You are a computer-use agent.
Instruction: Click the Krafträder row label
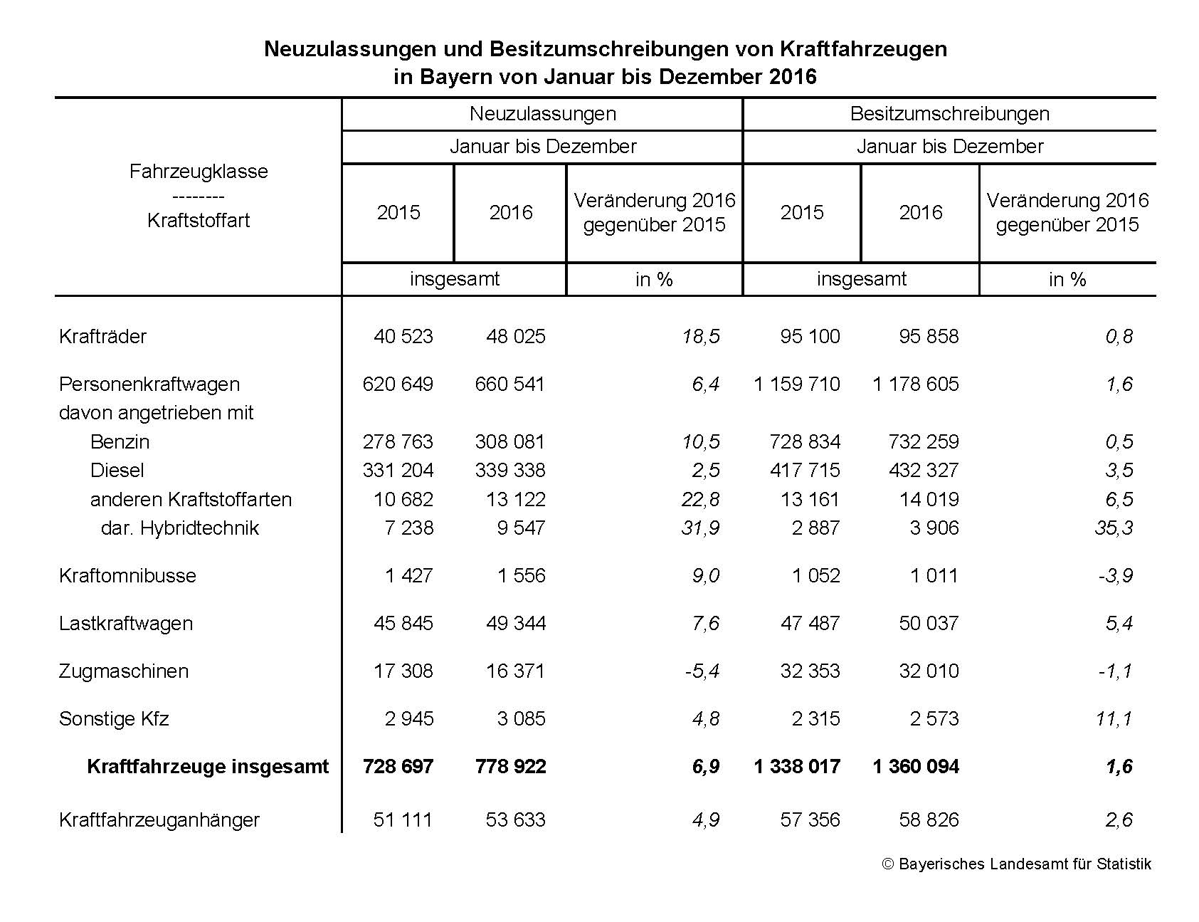102,336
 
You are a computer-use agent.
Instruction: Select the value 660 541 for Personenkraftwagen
509,384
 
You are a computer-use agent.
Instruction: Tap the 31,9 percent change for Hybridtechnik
700,528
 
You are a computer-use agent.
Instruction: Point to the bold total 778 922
510,767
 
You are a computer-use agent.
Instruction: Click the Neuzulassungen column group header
542,114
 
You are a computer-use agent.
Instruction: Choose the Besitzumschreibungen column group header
949,114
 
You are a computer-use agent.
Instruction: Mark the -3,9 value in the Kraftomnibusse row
1115,576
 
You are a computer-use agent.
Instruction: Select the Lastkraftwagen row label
125,624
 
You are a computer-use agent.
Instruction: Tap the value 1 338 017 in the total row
797,767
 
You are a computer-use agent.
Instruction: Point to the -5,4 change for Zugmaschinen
702,671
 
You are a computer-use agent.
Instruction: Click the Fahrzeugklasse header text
199,172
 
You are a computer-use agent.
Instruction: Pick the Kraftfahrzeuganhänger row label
159,820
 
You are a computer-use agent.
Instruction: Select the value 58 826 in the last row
929,820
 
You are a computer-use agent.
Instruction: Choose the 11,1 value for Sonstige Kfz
1114,719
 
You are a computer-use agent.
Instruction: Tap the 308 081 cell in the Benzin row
509,442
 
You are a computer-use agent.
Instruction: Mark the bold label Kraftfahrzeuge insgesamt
208,767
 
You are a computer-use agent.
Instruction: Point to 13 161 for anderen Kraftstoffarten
810,500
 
